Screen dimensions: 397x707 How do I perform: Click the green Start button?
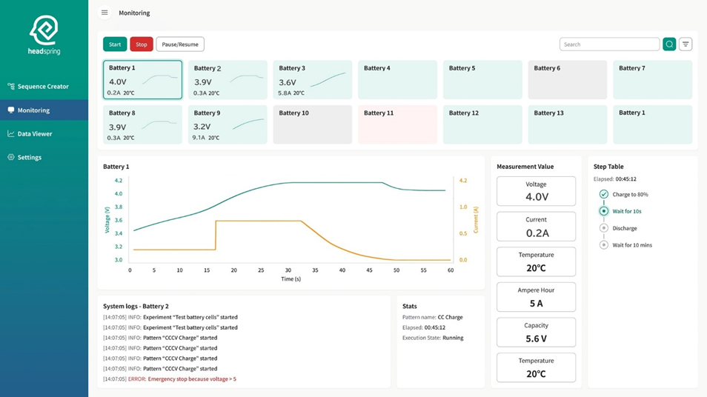(x=115, y=44)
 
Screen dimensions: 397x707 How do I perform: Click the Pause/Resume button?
(x=180, y=44)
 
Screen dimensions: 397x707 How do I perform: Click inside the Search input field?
(x=608, y=44)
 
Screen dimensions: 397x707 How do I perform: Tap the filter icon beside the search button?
(x=686, y=44)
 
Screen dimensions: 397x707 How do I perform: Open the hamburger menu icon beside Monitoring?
(x=104, y=13)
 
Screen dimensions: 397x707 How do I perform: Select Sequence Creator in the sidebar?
(x=43, y=87)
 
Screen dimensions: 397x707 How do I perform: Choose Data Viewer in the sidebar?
(x=35, y=134)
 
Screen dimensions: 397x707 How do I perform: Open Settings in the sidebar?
(x=29, y=158)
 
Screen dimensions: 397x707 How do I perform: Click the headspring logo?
(x=44, y=36)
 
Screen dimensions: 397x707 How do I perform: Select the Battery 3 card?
(x=312, y=80)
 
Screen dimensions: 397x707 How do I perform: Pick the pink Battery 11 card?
(x=397, y=124)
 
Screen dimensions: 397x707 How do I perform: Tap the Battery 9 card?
(x=228, y=124)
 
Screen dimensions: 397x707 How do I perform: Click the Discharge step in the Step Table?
(x=624, y=228)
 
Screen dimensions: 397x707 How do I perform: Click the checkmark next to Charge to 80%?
(x=604, y=194)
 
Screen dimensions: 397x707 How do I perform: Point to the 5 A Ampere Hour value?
(x=536, y=303)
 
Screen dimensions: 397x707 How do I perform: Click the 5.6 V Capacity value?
(x=536, y=338)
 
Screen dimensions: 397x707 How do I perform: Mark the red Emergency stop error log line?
(x=191, y=379)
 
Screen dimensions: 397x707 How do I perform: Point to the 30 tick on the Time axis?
(x=288, y=270)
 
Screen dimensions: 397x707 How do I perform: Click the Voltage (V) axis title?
(x=107, y=221)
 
